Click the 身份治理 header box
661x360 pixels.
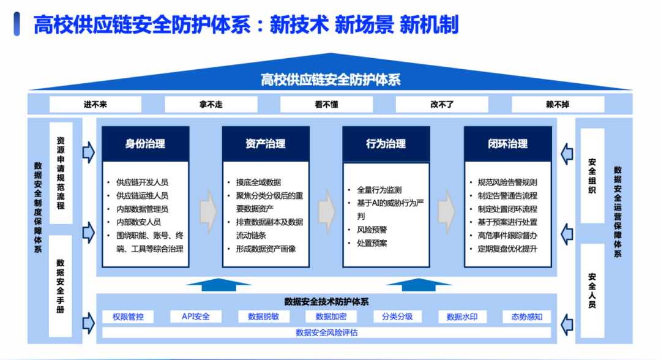[145, 144]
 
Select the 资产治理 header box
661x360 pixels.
[265, 144]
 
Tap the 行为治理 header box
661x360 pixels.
[386, 144]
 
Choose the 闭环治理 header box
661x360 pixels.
[507, 144]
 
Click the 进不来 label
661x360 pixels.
[95, 105]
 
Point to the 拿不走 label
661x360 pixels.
[211, 105]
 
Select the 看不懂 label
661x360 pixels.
[326, 105]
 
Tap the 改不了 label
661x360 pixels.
[442, 105]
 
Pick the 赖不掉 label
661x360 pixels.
[558, 105]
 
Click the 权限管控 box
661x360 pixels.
[128, 317]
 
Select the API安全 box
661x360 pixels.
[196, 317]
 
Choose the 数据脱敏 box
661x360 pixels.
[264, 317]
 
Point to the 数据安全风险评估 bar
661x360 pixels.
[326, 332]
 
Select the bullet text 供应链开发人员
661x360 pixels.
[143, 182]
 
